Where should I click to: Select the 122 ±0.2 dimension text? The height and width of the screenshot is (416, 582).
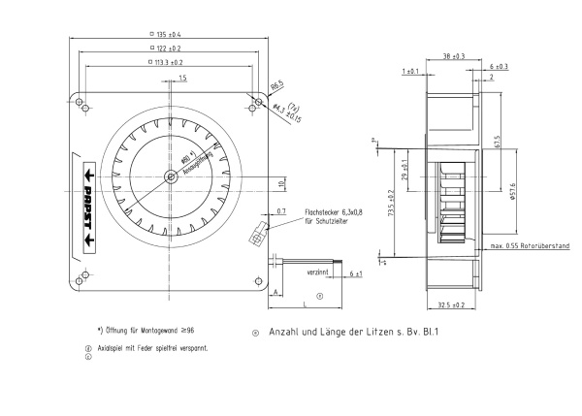[x=168, y=48]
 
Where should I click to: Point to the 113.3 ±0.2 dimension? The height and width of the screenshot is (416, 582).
[x=169, y=62]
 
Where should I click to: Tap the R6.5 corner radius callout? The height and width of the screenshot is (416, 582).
[x=275, y=84]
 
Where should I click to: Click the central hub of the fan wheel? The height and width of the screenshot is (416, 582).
[x=172, y=176]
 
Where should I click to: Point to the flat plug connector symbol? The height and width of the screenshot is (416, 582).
[x=259, y=233]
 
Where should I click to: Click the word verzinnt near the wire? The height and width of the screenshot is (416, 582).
[x=317, y=273]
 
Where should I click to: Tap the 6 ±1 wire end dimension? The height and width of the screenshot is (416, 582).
[x=355, y=274]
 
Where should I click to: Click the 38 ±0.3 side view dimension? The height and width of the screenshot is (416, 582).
[x=452, y=55]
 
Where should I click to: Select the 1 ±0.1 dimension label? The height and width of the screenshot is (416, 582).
[x=408, y=72]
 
